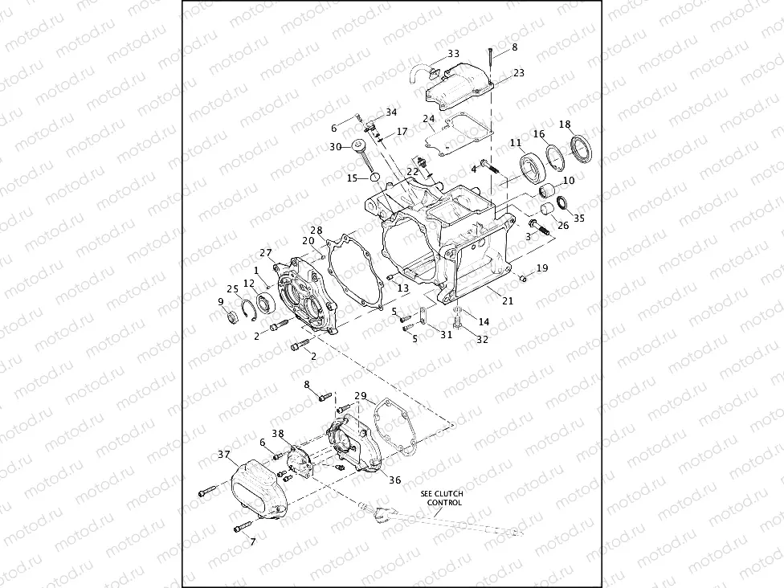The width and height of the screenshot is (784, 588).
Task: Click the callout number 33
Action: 454,54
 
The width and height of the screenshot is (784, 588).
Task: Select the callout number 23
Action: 518,73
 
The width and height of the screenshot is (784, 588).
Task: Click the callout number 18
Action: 565,125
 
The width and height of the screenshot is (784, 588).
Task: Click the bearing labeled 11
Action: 531,169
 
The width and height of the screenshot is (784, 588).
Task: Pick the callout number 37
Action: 224,455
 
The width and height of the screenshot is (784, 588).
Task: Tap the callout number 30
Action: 335,146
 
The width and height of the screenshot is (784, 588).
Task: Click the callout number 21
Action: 507,300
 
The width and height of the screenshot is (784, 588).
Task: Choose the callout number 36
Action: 394,480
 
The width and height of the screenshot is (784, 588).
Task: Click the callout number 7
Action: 252,542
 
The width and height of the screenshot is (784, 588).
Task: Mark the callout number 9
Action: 220,302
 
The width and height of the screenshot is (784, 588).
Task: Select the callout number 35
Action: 579,217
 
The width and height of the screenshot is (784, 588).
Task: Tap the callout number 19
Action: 542,268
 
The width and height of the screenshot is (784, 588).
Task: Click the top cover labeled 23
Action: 460,88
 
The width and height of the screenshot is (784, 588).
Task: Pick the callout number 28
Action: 316,231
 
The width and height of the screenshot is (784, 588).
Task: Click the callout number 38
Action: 277,433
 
